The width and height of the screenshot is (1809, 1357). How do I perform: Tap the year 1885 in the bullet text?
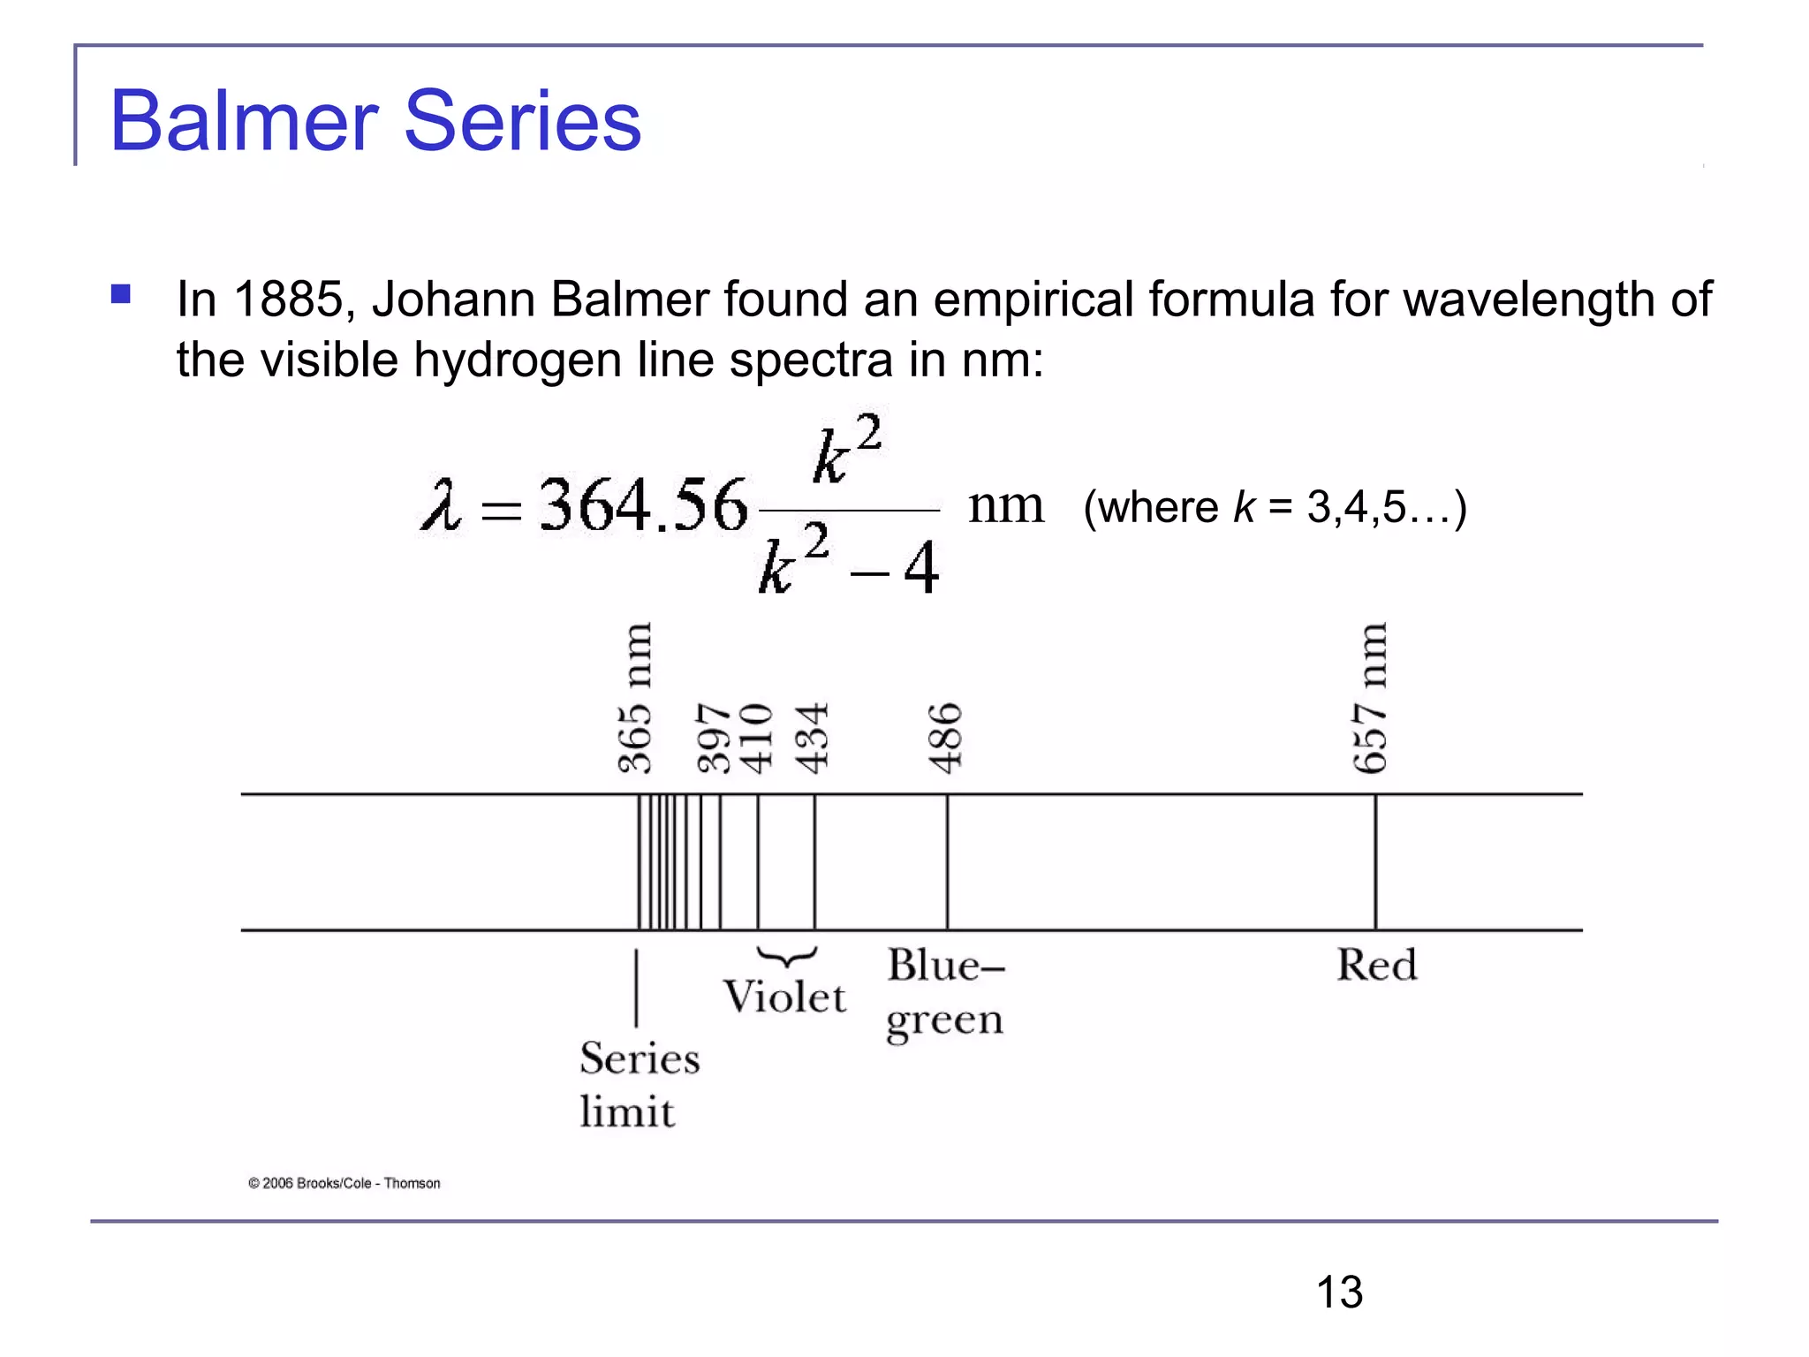pyautogui.click(x=287, y=299)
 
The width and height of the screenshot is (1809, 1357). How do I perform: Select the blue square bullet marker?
pyautogui.click(x=121, y=293)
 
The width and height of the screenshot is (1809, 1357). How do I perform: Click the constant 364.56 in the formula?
pyautogui.click(x=643, y=506)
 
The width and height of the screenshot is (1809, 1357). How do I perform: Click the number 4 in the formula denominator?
pyautogui.click(x=920, y=569)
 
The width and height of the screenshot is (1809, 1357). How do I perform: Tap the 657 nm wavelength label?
pyautogui.click(x=1370, y=698)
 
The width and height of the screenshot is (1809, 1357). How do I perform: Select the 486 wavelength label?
pyautogui.click(x=945, y=739)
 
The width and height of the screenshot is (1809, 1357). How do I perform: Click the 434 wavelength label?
pyautogui.click(x=812, y=739)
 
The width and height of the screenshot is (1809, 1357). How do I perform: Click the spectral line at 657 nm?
pyautogui.click(x=1375, y=862)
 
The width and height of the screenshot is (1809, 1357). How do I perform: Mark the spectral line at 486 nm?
pyautogui.click(x=947, y=862)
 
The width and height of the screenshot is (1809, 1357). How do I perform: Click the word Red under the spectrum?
pyautogui.click(x=1376, y=965)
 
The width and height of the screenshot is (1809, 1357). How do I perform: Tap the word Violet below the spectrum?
pyautogui.click(x=784, y=997)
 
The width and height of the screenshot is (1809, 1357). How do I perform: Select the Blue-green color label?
pyautogui.click(x=945, y=992)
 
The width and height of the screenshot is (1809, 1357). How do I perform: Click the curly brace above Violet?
pyautogui.click(x=786, y=956)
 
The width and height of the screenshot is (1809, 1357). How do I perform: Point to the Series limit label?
pyautogui.click(x=639, y=1084)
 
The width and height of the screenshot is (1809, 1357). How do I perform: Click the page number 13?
pyautogui.click(x=1339, y=1293)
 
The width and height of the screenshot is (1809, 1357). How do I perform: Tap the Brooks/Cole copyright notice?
pyautogui.click(x=344, y=1184)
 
